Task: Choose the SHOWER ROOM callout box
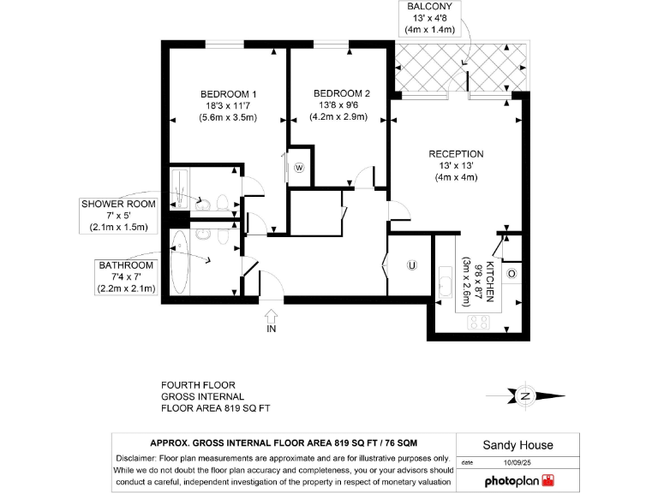pyautogui.click(x=119, y=216)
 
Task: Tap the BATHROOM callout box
pyautogui.click(x=126, y=277)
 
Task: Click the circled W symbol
pyautogui.click(x=299, y=168)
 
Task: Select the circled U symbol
pyautogui.click(x=411, y=265)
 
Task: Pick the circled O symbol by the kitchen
pyautogui.click(x=511, y=274)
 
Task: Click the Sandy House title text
pyautogui.click(x=517, y=445)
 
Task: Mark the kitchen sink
pyautogui.click(x=446, y=282)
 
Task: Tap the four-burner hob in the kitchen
pyautogui.click(x=479, y=322)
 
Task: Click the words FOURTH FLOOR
pyautogui.click(x=198, y=385)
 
